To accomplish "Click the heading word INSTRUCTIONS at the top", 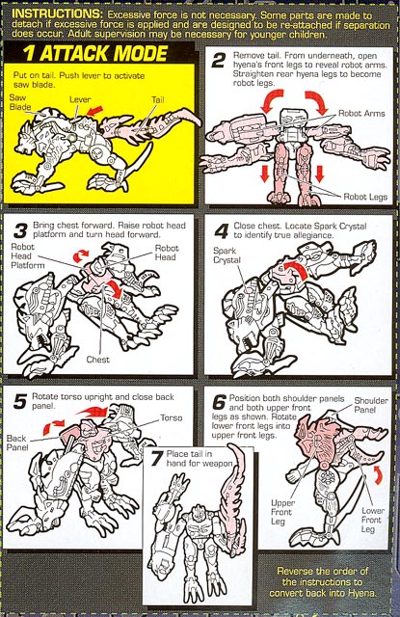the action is point(57,13).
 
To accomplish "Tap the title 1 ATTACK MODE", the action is point(95,54).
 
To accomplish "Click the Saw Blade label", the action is point(20,102).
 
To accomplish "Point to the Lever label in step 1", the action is point(80,99).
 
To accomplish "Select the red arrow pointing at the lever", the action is point(95,110).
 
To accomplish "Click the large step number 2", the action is point(218,61).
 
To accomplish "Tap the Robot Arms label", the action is point(361,114).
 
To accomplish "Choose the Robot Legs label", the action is point(365,197).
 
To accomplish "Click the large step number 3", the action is point(20,230).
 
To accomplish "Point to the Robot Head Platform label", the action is point(28,255).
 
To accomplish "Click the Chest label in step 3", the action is point(98,360).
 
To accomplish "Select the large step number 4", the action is point(221,231).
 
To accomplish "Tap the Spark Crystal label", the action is point(227,255).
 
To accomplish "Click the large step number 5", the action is point(20,402).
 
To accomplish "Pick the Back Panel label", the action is point(17,443).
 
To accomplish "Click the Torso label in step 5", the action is point(172,417).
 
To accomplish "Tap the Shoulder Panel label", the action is point(371,405).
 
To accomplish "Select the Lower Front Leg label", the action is point(372,520).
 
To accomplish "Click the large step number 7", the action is point(157,459).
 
